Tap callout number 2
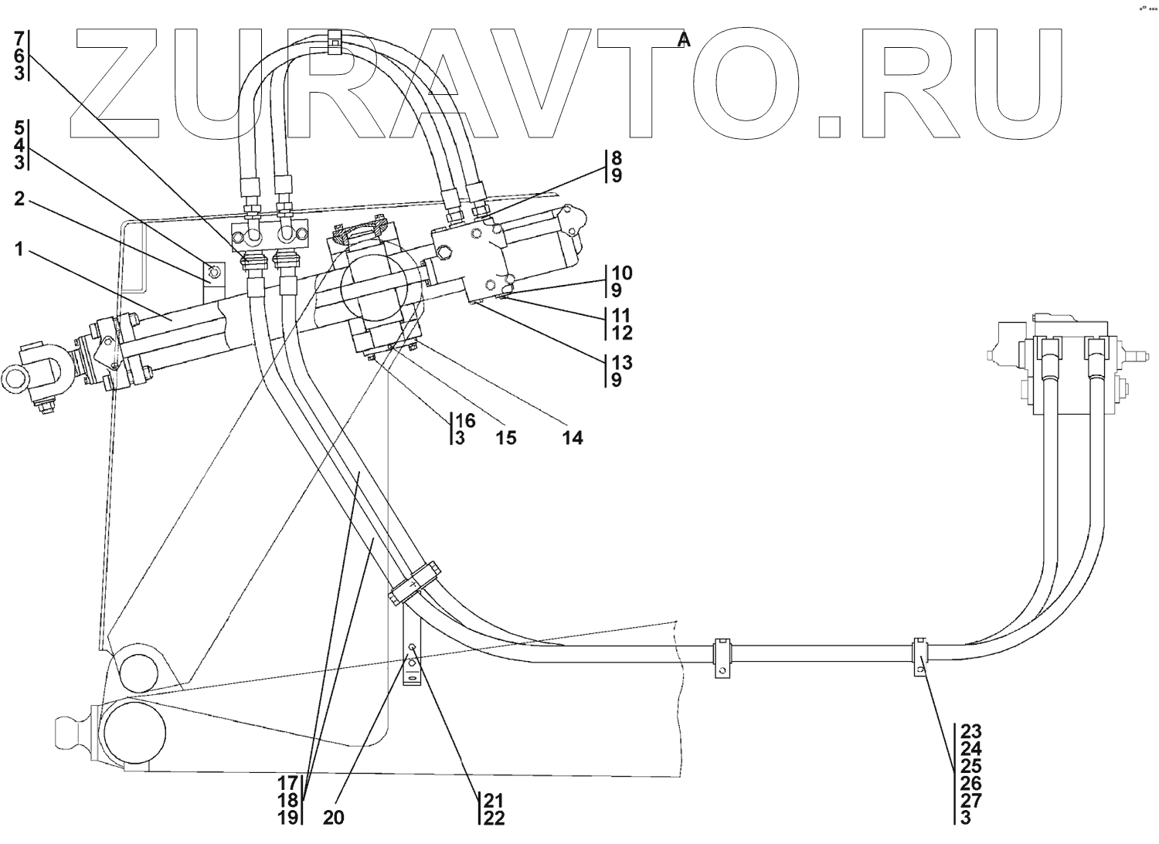point(19,200)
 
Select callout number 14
point(573,438)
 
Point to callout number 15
point(505,438)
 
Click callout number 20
point(333,817)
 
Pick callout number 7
point(19,38)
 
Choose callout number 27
point(971,800)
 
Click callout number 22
point(494,818)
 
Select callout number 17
point(288,782)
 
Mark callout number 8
point(616,158)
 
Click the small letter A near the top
point(683,40)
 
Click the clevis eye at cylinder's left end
point(18,378)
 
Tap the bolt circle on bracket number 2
point(214,269)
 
